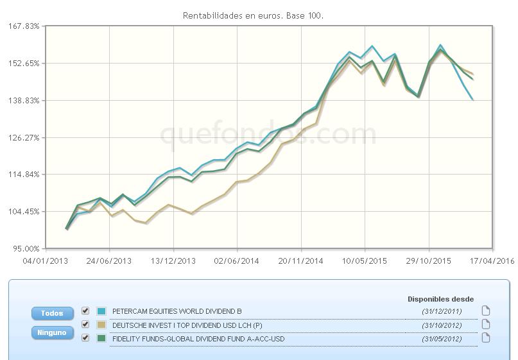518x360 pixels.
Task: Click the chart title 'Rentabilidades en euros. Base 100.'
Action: (x=253, y=15)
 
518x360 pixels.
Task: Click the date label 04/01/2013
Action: (x=46, y=261)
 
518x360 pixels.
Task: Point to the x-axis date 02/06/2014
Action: (x=237, y=261)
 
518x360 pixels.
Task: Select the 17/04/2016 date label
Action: (x=492, y=261)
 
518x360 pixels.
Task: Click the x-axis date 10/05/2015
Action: (x=365, y=261)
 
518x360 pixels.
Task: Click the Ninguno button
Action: (x=52, y=333)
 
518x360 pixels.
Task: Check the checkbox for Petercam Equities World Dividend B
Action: (x=86, y=311)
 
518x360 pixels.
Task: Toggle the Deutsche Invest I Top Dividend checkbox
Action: (x=86, y=325)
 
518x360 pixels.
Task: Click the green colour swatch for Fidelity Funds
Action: (x=101, y=338)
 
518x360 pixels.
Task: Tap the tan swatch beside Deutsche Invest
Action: (x=101, y=325)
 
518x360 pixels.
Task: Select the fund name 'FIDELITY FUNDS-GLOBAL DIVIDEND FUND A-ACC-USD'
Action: (x=198, y=339)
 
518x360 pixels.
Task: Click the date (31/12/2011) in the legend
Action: (x=442, y=311)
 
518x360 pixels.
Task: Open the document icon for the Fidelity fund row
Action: (x=486, y=338)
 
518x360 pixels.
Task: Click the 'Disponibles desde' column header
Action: (x=441, y=299)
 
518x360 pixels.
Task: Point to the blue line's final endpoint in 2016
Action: (x=473, y=99)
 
